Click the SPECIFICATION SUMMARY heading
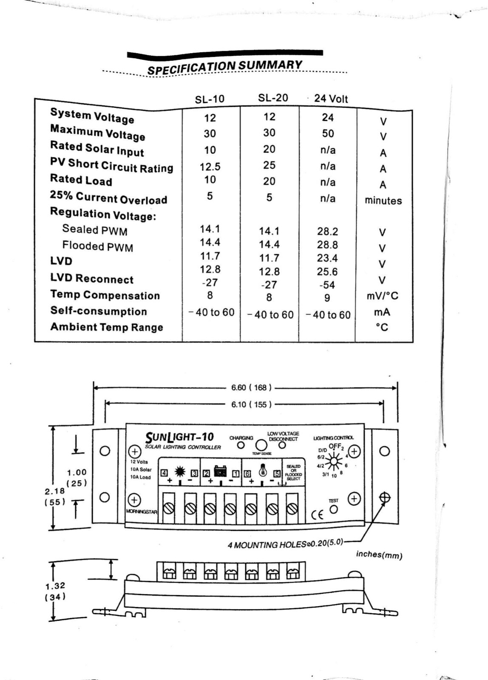[x=224, y=67]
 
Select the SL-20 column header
[x=273, y=98]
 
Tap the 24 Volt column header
[x=331, y=99]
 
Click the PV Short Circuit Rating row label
[x=111, y=165]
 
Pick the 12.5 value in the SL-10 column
[x=210, y=167]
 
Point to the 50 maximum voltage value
[x=328, y=133]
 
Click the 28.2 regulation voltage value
[x=327, y=231]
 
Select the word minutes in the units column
[x=383, y=201]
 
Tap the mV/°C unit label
[x=383, y=296]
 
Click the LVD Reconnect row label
[x=92, y=278]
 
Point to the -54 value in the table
[x=327, y=285]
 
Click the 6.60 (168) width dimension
[x=251, y=388]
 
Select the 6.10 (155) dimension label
[x=251, y=404]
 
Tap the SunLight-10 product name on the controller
[x=180, y=437]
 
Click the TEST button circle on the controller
[x=334, y=509]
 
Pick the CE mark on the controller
[x=317, y=515]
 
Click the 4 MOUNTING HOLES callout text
[x=285, y=544]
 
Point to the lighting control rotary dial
[x=335, y=461]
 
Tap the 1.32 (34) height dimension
[x=55, y=591]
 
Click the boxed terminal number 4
[x=164, y=473]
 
